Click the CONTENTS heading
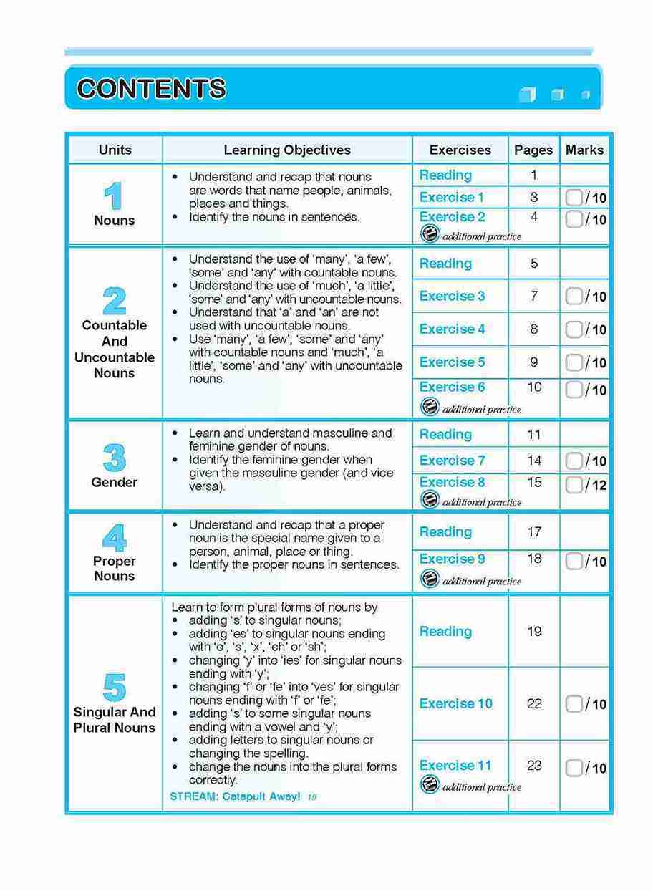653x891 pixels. tap(151, 89)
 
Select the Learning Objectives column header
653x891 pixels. tap(287, 150)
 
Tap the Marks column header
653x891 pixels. tap(584, 150)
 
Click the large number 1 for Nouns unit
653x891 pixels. tap(113, 196)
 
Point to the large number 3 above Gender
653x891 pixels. tap(114, 458)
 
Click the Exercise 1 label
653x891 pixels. tap(452, 197)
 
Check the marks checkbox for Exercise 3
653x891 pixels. tap(574, 296)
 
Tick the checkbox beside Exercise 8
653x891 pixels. tap(574, 485)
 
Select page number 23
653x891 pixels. tap(534, 765)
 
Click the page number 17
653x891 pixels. tap(534, 532)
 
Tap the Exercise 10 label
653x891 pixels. tap(456, 703)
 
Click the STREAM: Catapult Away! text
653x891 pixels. tap(235, 796)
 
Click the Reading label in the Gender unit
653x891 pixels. tap(445, 434)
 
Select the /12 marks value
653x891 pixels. tap(596, 486)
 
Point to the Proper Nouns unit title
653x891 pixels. tap(114, 569)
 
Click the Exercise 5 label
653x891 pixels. tap(452, 362)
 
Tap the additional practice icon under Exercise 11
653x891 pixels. tap(430, 786)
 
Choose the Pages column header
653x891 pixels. tap(533, 150)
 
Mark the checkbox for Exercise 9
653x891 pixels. tap(574, 562)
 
